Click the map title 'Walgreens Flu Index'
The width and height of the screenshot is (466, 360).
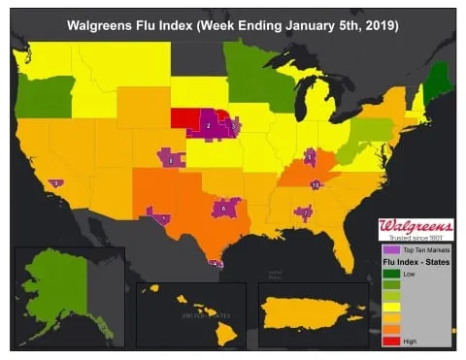tap(232, 20)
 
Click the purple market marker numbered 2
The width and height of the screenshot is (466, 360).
tap(209, 127)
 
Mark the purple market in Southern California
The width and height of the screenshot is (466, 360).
tap(57, 182)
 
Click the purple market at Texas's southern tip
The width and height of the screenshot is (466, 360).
tap(216, 262)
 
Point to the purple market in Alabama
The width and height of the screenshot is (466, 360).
tap(305, 212)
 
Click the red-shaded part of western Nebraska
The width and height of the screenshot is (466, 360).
tap(184, 118)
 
